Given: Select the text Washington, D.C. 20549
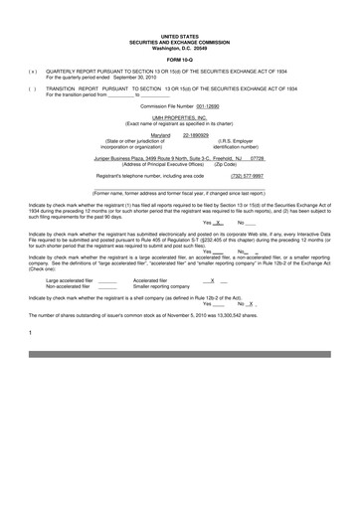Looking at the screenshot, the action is click(179, 48).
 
